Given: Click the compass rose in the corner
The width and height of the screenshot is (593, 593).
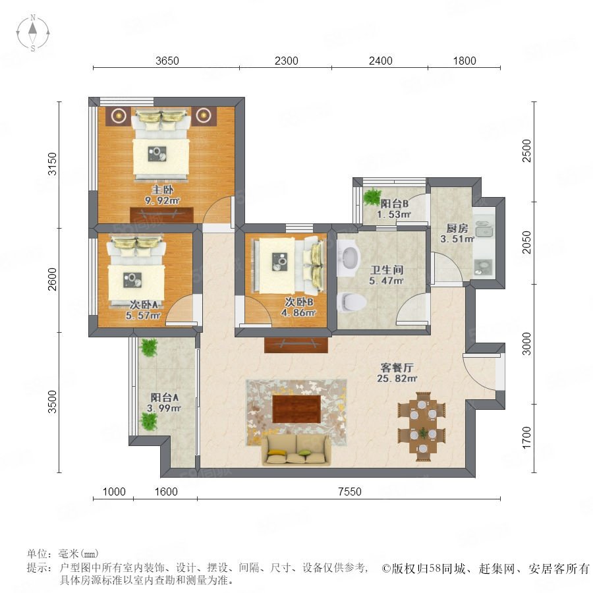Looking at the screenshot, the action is pos(33,32).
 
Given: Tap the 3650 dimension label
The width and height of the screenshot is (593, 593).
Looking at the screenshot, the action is pos(167,61).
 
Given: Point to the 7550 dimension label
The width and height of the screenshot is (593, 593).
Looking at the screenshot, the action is pos(349,492).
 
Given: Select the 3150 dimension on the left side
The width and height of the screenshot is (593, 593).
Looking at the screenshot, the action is pos(52,164).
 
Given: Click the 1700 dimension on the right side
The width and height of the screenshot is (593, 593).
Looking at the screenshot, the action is pos(526,438).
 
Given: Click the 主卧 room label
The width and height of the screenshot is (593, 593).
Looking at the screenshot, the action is pos(162,189).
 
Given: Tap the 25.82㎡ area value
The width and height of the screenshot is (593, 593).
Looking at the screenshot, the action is pos(397,378).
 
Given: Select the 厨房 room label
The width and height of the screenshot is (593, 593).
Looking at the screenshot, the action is pos(457,228).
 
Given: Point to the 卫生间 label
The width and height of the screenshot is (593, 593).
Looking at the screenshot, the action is pos(386,269).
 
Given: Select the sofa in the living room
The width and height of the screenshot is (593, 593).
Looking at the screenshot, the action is pos(295,449).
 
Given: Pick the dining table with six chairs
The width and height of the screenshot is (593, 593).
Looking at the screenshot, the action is pos(422,426).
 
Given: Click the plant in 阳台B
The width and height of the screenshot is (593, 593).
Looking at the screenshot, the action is pos(372,196).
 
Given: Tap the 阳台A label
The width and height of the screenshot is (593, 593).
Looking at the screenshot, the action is pos(165,397).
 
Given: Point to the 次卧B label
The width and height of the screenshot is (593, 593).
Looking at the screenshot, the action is pos(298,302).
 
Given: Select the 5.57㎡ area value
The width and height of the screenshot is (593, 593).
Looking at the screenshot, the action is pos(143,315).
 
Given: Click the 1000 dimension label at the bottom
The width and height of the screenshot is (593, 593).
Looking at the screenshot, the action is pos(114,492).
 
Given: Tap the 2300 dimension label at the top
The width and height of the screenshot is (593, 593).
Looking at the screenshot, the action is pos(287,61).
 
